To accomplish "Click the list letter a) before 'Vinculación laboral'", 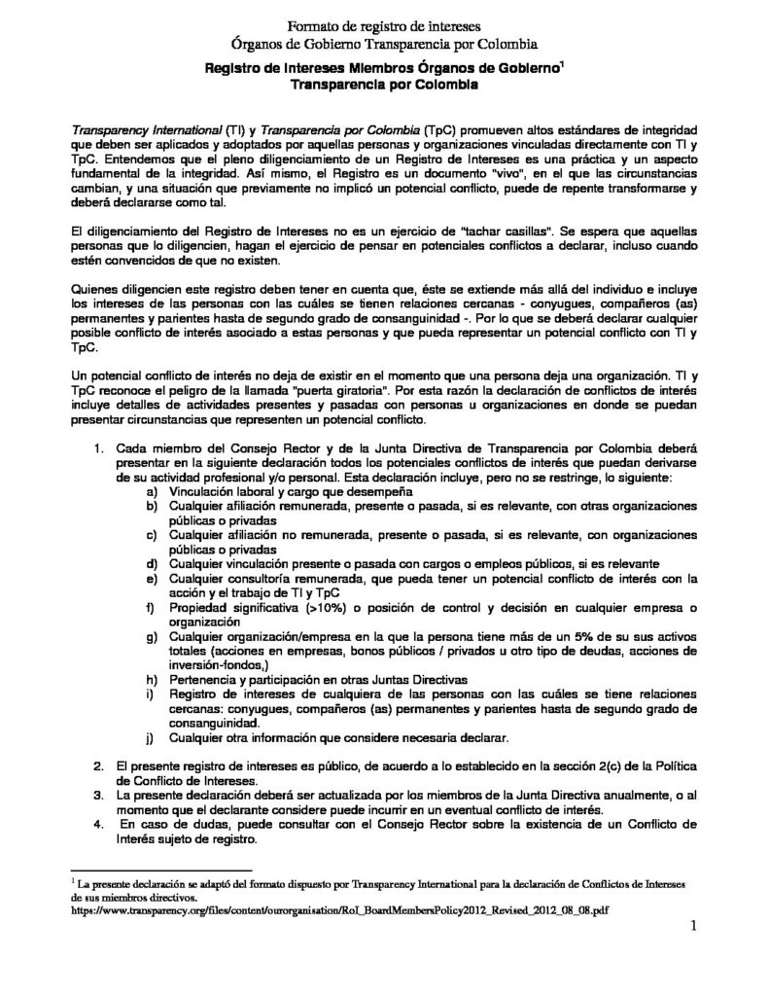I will pos(151,493).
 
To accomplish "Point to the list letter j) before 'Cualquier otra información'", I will pos(151,737).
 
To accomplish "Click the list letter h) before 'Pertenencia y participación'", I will pos(151,677).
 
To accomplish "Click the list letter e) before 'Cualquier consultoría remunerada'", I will pos(151,579).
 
